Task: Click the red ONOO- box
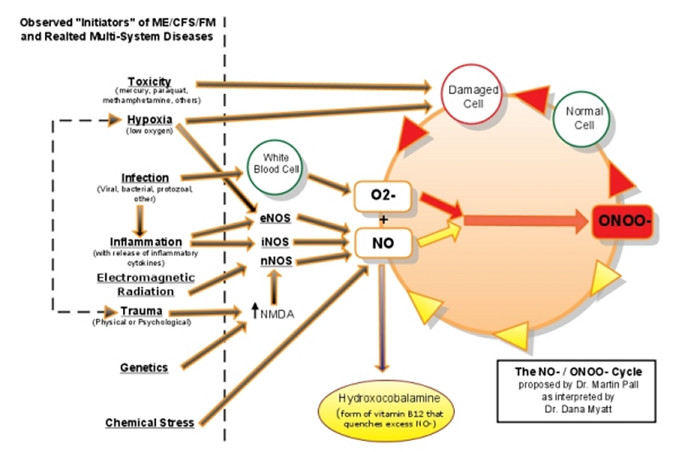(x=623, y=221)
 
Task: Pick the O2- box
(x=383, y=196)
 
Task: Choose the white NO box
(x=383, y=243)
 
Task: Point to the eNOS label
(x=275, y=218)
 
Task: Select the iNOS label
(x=275, y=242)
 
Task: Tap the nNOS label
(x=276, y=261)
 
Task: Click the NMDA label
(x=278, y=314)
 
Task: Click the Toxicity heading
(x=149, y=81)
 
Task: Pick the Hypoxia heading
(x=149, y=119)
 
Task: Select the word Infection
(x=144, y=178)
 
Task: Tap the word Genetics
(x=143, y=368)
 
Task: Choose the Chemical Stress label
(x=149, y=422)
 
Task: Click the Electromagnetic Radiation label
(x=145, y=284)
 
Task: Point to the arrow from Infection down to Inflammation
(x=139, y=220)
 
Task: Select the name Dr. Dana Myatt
(x=578, y=409)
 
